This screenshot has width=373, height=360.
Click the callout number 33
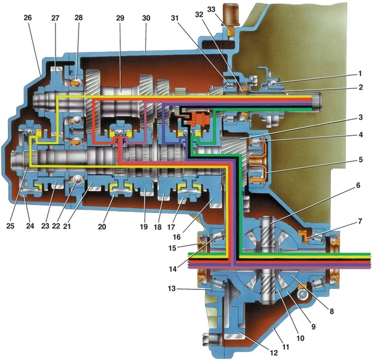click(211, 9)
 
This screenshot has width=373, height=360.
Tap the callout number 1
click(360, 73)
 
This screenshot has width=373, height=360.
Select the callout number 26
click(28, 18)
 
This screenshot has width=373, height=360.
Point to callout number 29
click(120, 18)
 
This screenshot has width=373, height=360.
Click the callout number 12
click(274, 353)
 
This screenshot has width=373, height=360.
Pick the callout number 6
click(358, 185)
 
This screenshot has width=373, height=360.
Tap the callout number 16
click(177, 237)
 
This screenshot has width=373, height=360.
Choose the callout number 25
click(10, 226)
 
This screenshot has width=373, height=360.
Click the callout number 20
click(102, 227)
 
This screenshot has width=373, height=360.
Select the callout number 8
click(332, 311)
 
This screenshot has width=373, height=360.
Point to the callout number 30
click(146, 18)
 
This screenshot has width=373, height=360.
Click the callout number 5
click(361, 159)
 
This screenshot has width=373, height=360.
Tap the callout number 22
click(56, 226)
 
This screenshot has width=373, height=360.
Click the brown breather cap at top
click(230, 14)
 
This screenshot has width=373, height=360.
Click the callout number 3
click(361, 117)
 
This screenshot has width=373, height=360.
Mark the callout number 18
click(157, 227)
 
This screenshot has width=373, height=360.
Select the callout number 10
click(301, 338)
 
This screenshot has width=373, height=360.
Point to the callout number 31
click(175, 18)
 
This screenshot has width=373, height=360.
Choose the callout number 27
click(55, 18)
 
